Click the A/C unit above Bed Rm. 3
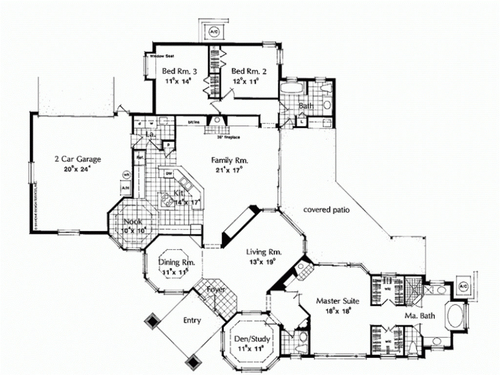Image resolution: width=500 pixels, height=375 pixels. pyautogui.click(x=213, y=32)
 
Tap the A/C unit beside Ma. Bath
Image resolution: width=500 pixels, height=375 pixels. pyautogui.click(x=462, y=286)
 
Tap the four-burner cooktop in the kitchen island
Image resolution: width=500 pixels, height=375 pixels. pyautogui.click(x=167, y=198)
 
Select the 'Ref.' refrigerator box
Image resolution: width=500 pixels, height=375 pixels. pyautogui.click(x=139, y=158)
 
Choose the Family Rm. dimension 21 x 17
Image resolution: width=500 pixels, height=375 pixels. pyautogui.click(x=230, y=169)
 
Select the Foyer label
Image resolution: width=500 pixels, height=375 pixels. pyautogui.click(x=216, y=290)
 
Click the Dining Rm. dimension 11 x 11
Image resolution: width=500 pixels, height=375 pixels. pyautogui.click(x=176, y=271)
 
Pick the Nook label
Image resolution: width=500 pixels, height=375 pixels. pyautogui.click(x=133, y=221)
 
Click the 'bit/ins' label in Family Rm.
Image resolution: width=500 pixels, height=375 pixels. pyautogui.click(x=194, y=122)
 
